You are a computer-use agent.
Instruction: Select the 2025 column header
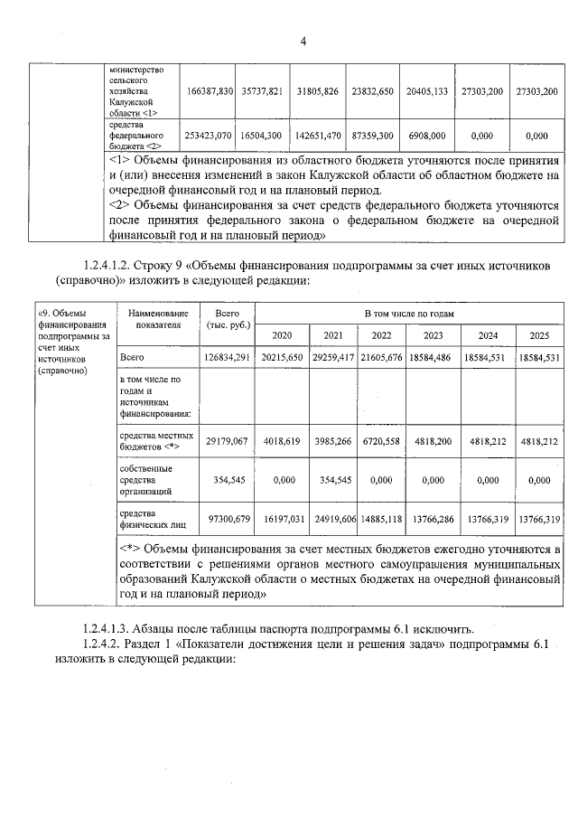pyautogui.click(x=539, y=334)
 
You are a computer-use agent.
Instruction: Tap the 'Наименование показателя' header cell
pyautogui.click(x=158, y=318)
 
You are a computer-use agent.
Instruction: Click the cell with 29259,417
pyautogui.click(x=333, y=359)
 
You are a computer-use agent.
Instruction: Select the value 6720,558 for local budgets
pyautogui.click(x=381, y=441)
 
